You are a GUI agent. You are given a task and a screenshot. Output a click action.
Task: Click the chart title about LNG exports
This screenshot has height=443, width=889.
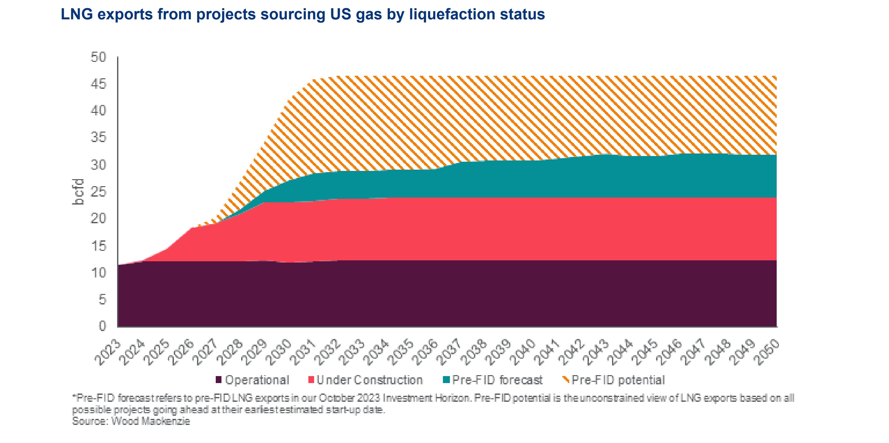click(303, 15)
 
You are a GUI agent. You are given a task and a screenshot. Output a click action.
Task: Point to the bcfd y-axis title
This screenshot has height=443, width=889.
click(79, 192)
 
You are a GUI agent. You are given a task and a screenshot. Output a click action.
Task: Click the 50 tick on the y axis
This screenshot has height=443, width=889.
click(98, 57)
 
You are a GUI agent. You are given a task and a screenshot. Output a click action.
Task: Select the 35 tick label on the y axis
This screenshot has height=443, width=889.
click(98, 138)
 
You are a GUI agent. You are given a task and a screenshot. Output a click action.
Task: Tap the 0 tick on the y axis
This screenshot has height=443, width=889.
click(102, 326)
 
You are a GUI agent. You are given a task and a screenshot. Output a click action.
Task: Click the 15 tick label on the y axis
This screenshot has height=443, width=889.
click(98, 246)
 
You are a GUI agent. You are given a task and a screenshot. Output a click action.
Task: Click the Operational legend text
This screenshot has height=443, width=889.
click(257, 380)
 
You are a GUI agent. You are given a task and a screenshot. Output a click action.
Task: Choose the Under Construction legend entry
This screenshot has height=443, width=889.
click(370, 380)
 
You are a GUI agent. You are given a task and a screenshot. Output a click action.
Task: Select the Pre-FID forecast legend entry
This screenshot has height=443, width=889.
click(497, 380)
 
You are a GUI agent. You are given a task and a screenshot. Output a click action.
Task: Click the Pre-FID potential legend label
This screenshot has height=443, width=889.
click(618, 380)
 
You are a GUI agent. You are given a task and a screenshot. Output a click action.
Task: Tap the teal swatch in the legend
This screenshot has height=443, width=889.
click(446, 380)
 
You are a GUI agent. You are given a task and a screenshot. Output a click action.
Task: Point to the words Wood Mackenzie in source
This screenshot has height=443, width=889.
click(150, 421)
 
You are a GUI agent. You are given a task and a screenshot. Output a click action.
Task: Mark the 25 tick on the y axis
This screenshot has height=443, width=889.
click(98, 192)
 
